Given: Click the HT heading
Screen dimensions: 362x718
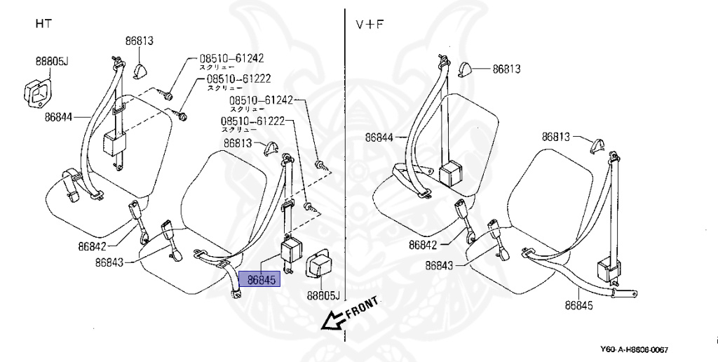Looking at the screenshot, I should (43, 24).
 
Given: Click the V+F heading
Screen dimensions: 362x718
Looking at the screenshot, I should (369, 24).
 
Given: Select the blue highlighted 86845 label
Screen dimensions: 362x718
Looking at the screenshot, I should (259, 280).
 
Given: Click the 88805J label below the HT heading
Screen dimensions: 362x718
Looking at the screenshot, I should (52, 62).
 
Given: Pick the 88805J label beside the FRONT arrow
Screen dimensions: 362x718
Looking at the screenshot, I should (321, 295).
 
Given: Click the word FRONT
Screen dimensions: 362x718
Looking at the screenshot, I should (362, 307).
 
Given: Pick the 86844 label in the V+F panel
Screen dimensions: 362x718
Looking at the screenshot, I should (380, 138).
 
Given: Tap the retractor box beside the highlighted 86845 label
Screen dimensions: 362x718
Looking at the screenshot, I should (291, 250).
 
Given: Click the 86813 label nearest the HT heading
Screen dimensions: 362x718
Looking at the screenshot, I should (139, 41).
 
